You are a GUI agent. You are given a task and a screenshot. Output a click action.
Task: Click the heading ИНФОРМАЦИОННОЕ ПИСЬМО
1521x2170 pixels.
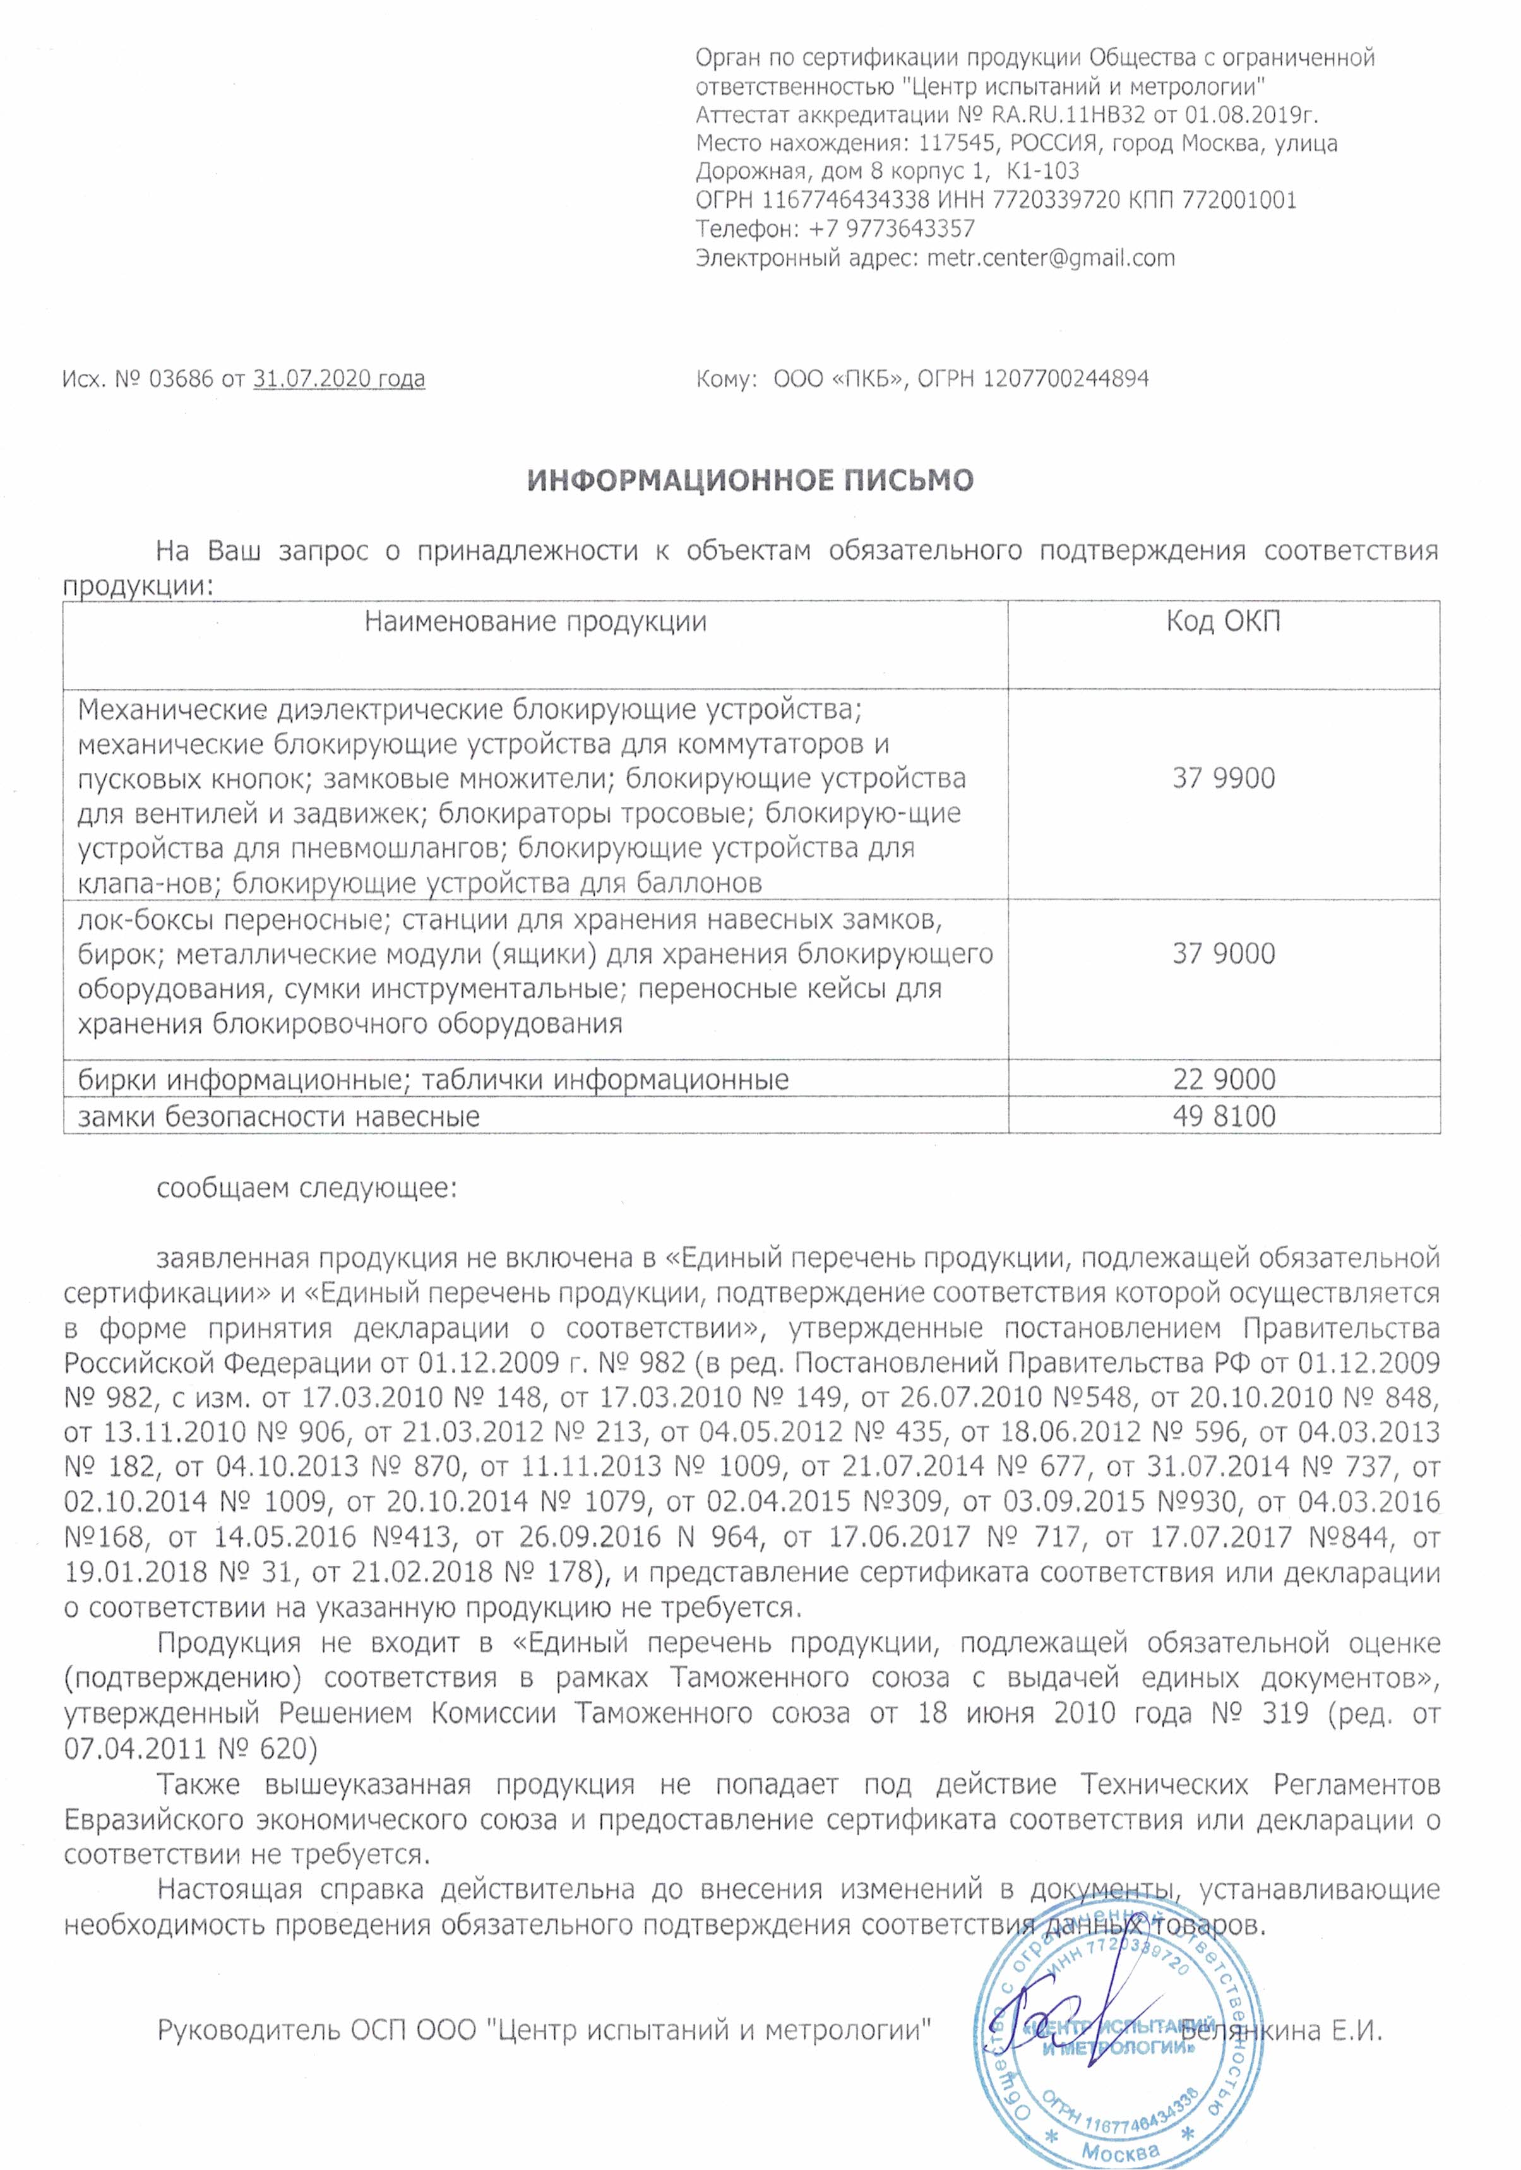[749, 481]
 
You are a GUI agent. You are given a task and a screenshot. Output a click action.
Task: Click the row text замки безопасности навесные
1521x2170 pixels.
[279, 1117]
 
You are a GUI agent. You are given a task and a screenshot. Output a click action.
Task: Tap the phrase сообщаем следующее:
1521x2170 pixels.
[306, 1188]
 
